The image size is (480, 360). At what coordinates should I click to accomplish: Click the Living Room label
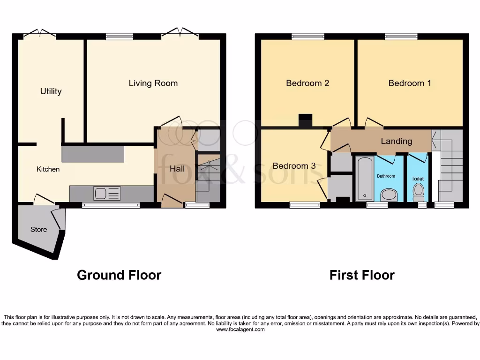pos(153,83)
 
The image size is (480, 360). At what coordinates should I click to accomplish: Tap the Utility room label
pos(51,91)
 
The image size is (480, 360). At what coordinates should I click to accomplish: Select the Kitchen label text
pos(48,169)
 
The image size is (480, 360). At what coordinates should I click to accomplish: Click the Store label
pos(39,229)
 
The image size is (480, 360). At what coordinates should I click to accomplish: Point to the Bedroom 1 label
pos(410,83)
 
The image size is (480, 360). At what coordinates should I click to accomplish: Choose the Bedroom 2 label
pos(307,83)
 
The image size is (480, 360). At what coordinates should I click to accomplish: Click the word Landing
pos(396,141)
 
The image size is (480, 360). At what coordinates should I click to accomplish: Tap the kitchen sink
pos(107,193)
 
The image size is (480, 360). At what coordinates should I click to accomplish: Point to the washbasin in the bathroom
pos(388,194)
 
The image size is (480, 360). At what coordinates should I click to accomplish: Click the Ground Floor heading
pos(119,275)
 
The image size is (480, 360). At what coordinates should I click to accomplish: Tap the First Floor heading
pos(362,275)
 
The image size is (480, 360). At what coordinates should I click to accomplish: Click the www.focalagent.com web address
pos(240,330)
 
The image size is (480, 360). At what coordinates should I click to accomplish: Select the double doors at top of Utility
pos(40,34)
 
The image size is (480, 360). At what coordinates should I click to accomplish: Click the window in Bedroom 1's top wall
pos(401,37)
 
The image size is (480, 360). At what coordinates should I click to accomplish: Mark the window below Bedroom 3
pos(305,205)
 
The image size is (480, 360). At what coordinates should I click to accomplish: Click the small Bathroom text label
pos(387,176)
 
